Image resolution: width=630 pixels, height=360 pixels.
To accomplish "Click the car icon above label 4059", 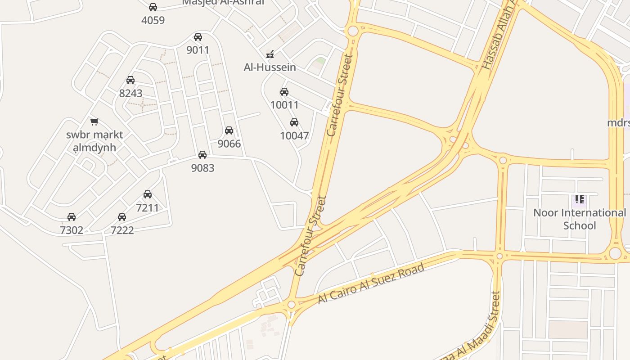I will (x=153, y=7).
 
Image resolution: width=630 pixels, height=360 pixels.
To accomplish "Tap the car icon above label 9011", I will (x=198, y=37).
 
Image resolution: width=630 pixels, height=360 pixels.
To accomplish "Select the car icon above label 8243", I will (x=130, y=80).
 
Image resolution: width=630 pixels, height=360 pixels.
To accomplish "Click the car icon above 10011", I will (x=284, y=92).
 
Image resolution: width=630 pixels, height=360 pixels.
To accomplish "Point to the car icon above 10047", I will (x=294, y=122).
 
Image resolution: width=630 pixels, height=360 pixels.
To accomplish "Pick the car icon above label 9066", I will (x=229, y=130).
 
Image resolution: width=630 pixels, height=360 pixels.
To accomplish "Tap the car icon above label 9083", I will (x=202, y=155).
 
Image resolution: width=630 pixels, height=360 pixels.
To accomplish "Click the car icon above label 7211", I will (x=148, y=194).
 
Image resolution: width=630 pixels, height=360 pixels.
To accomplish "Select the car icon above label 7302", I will (x=72, y=217).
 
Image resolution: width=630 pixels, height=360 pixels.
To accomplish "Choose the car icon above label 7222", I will (x=122, y=217).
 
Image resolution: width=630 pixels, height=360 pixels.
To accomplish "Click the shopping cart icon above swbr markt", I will (x=94, y=121).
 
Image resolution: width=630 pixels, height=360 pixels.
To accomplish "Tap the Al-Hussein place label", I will (x=270, y=67).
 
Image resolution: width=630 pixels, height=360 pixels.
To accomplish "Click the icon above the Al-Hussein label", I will (x=270, y=54).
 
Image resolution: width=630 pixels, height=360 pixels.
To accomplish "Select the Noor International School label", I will (x=580, y=219).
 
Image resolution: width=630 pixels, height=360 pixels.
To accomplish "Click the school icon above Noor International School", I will (x=580, y=199).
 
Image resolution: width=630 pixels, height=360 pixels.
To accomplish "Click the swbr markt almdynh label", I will (x=94, y=141).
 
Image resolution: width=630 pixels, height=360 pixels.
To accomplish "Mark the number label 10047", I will (x=294, y=136).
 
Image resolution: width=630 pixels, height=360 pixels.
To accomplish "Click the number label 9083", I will (x=202, y=168).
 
